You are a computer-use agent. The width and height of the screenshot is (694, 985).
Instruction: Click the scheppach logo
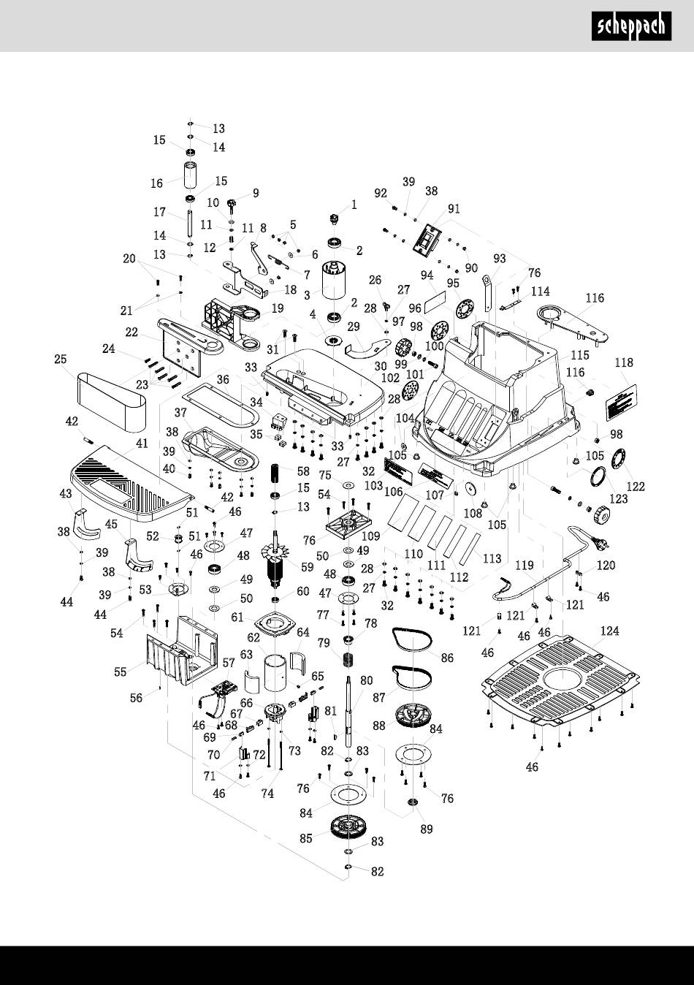point(631,26)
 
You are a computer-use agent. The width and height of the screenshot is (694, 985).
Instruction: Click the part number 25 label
point(61,359)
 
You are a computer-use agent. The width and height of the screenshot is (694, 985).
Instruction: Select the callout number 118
point(623,363)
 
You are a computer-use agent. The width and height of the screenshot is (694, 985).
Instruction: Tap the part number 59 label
point(307,566)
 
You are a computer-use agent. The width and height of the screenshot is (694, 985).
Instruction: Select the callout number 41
point(141,443)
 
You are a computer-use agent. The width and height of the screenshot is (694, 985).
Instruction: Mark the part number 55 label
point(121,672)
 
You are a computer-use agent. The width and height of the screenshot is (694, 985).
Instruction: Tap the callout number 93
point(500,258)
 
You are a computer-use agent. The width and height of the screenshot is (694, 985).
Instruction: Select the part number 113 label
point(492,558)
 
